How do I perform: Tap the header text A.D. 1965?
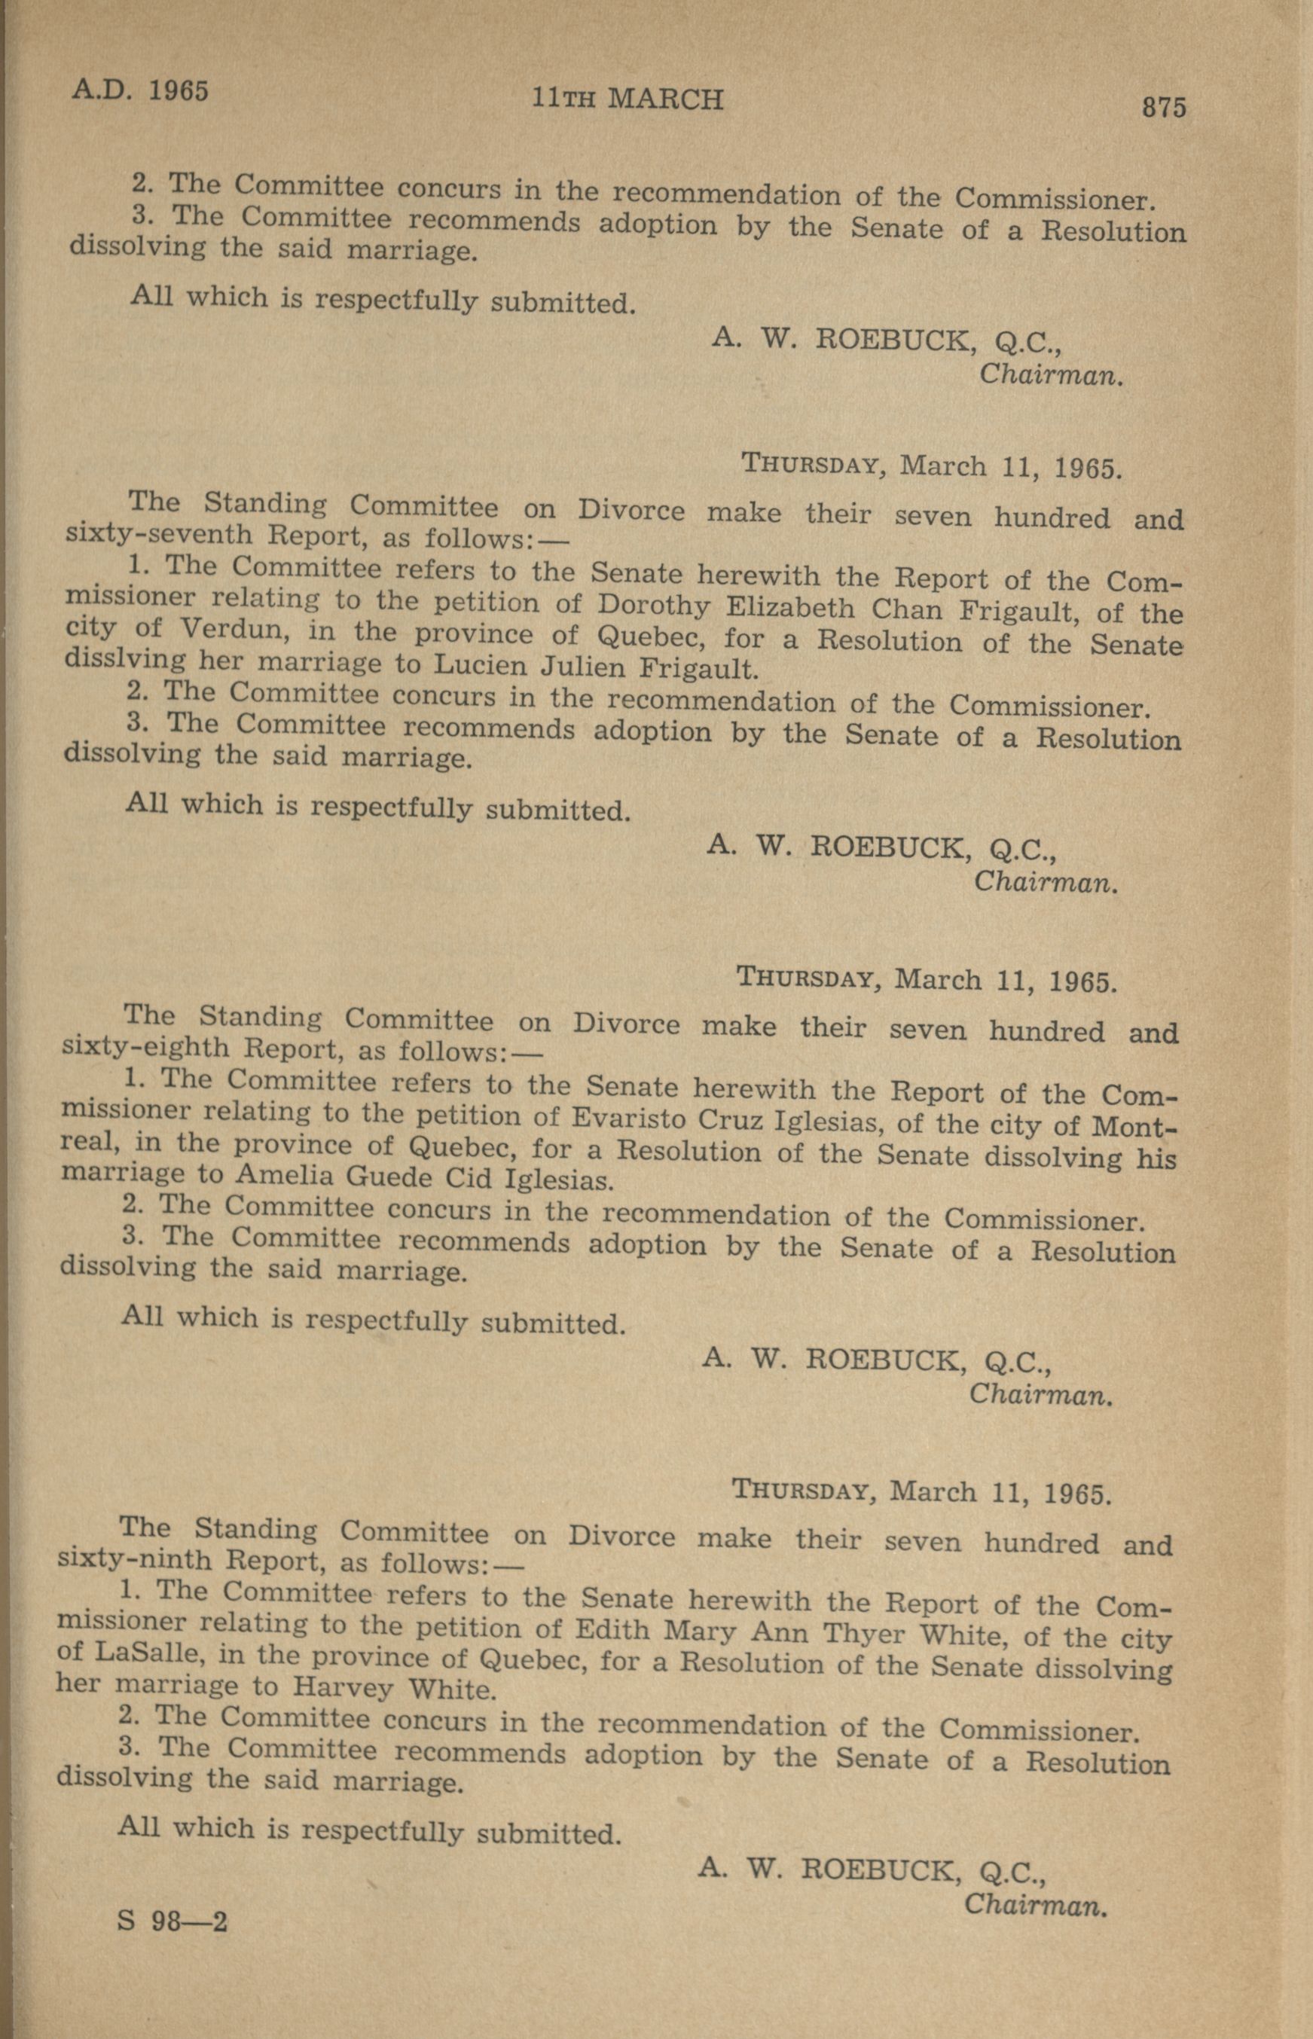140,89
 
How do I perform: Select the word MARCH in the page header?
665,99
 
